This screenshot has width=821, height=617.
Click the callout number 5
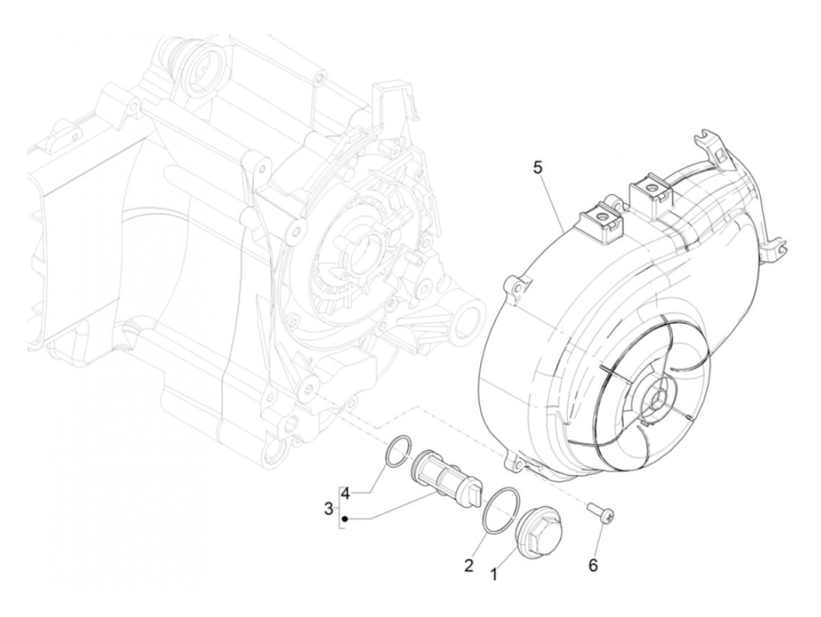[537, 168]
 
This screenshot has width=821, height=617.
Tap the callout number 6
[593, 565]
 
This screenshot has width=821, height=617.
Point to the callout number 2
[469, 565]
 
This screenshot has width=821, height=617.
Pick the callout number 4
[346, 494]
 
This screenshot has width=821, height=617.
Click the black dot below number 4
[346, 518]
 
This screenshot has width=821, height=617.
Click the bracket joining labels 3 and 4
[338, 507]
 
